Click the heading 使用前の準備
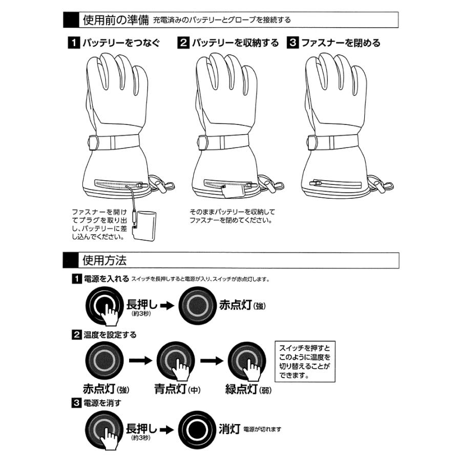click(x=115, y=20)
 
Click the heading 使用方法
click(x=104, y=260)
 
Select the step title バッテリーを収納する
click(x=235, y=43)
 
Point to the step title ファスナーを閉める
click(x=341, y=43)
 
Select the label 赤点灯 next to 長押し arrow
click(x=236, y=305)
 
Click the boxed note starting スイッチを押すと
click(x=302, y=361)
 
